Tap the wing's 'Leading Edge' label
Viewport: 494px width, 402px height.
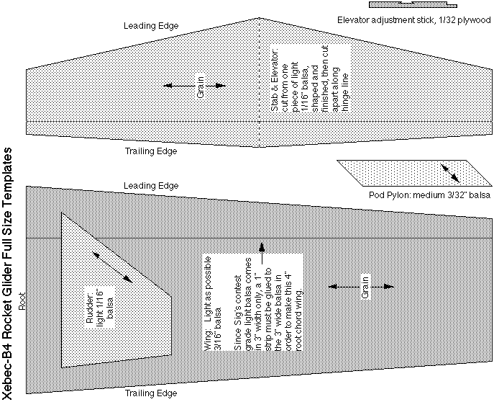tap(151, 187)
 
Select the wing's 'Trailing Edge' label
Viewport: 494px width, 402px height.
tap(151, 393)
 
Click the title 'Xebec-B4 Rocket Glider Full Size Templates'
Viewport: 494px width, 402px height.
tap(9, 274)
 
